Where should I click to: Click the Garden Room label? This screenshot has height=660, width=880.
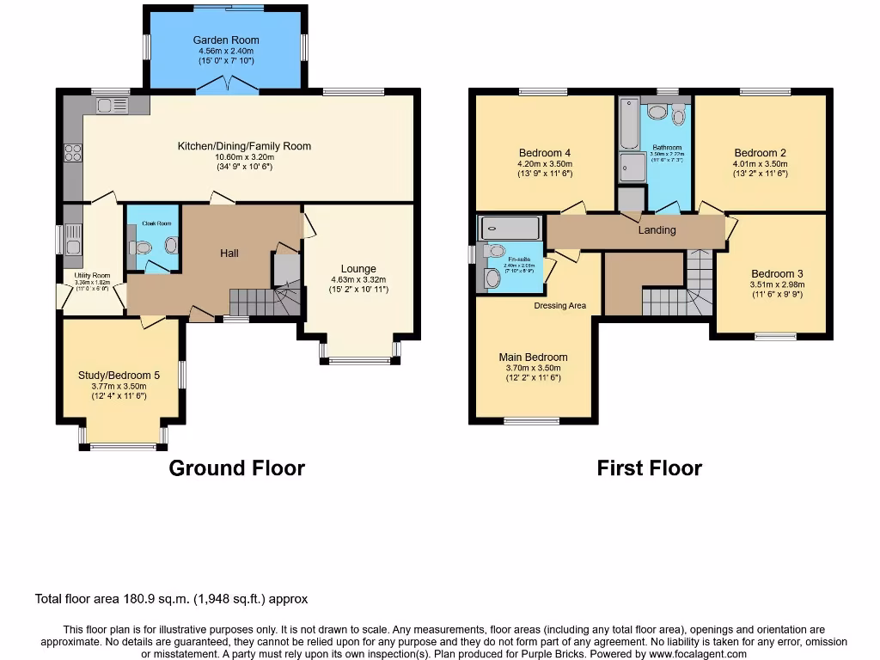coord(225,40)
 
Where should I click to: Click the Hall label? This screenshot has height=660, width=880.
coord(229,254)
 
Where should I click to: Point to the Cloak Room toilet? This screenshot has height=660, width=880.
coord(142,247)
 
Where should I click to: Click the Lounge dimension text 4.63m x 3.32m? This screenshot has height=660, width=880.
coord(358,279)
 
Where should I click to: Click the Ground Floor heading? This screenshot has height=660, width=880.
coord(236,468)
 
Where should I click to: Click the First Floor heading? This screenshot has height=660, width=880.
coord(649,468)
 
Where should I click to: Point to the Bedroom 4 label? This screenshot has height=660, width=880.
coord(545,153)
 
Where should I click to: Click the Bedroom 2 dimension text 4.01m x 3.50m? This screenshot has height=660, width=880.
coord(760,163)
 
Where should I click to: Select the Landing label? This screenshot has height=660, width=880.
coord(657,230)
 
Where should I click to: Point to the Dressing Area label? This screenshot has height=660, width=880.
coord(559,305)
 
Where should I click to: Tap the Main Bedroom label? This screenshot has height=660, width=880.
coord(533,357)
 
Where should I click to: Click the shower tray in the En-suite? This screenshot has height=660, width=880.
coord(510,228)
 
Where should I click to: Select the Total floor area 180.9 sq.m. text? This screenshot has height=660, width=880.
coord(171,599)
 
